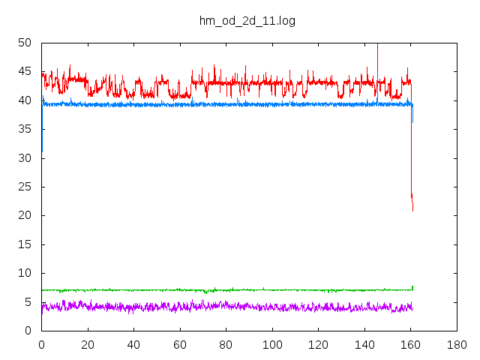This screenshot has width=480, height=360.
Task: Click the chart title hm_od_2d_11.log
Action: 247,21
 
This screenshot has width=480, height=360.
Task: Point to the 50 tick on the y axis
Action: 25,43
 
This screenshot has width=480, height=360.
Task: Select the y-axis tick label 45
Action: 25,72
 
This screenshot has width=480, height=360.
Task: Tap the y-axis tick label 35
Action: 25,129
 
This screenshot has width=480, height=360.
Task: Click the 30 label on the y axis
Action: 25,158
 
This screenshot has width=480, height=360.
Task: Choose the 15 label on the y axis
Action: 25,244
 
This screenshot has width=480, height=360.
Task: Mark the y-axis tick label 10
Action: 25,273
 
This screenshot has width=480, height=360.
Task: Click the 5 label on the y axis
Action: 28,302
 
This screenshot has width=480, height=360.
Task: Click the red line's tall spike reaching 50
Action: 377,45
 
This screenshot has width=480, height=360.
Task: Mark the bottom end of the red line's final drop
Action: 412,211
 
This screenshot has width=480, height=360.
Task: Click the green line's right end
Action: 412,288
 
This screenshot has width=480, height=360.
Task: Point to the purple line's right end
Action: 412,307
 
